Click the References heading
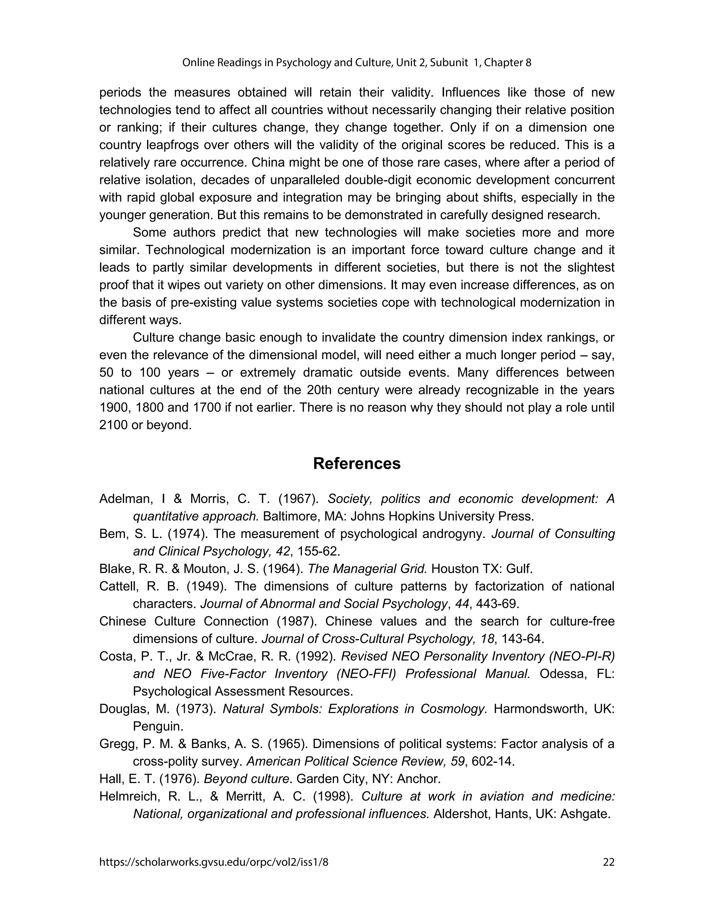(357, 464)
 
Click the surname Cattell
(117, 586)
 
